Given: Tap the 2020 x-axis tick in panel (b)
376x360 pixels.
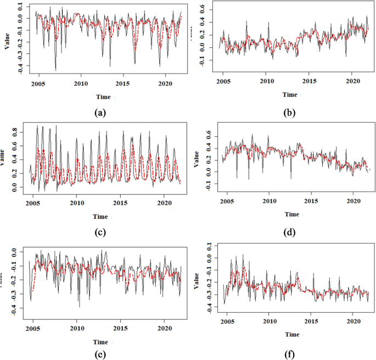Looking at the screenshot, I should coord(351,81).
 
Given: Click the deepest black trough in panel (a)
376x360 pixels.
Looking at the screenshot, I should coord(55,70).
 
